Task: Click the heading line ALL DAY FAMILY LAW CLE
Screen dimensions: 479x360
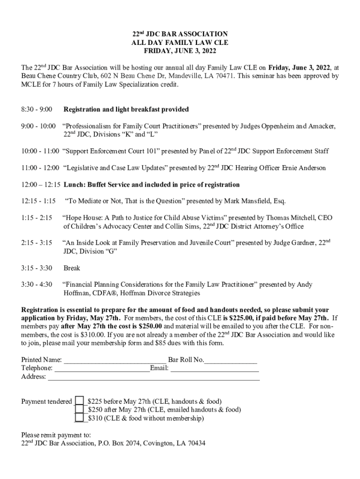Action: pyautogui.click(x=180, y=43)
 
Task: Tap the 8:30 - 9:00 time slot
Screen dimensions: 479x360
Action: pyautogui.click(x=36, y=109)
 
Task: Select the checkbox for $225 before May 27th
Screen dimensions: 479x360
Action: pyautogui.click(x=79, y=401)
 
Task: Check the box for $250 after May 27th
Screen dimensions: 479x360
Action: pyautogui.click(x=79, y=409)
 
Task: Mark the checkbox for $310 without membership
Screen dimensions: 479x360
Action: pyautogui.click(x=79, y=418)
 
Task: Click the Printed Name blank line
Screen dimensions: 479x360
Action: pyautogui.click(x=115, y=360)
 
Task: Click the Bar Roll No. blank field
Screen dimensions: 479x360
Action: pyautogui.click(x=231, y=360)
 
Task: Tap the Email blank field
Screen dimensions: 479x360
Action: pyautogui.click(x=215, y=369)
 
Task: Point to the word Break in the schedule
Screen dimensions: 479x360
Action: pyautogui.click(x=72, y=268)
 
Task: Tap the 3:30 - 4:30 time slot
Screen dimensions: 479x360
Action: pyautogui.click(x=36, y=284)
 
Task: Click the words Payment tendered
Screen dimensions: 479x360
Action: pyautogui.click(x=47, y=401)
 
